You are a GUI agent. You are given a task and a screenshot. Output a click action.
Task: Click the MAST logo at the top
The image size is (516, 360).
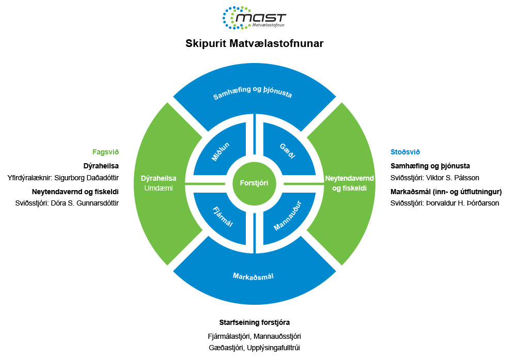(254, 18)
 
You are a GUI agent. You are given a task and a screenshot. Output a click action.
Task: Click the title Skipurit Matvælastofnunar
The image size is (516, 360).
(254, 44)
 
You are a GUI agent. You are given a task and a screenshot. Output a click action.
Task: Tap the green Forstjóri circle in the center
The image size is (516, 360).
(254, 183)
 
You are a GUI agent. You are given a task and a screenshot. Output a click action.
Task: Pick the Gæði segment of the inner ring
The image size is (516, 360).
(287, 151)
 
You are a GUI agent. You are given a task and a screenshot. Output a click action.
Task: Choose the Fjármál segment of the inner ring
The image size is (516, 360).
(222, 216)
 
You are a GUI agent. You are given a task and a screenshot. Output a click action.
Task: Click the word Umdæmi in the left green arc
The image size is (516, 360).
(159, 189)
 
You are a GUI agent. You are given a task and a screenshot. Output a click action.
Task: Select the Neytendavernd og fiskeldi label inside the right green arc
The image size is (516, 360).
(346, 183)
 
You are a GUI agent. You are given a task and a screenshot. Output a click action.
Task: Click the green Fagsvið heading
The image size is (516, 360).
(105, 152)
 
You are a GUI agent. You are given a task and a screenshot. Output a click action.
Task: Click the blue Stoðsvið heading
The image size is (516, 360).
(405, 152)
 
